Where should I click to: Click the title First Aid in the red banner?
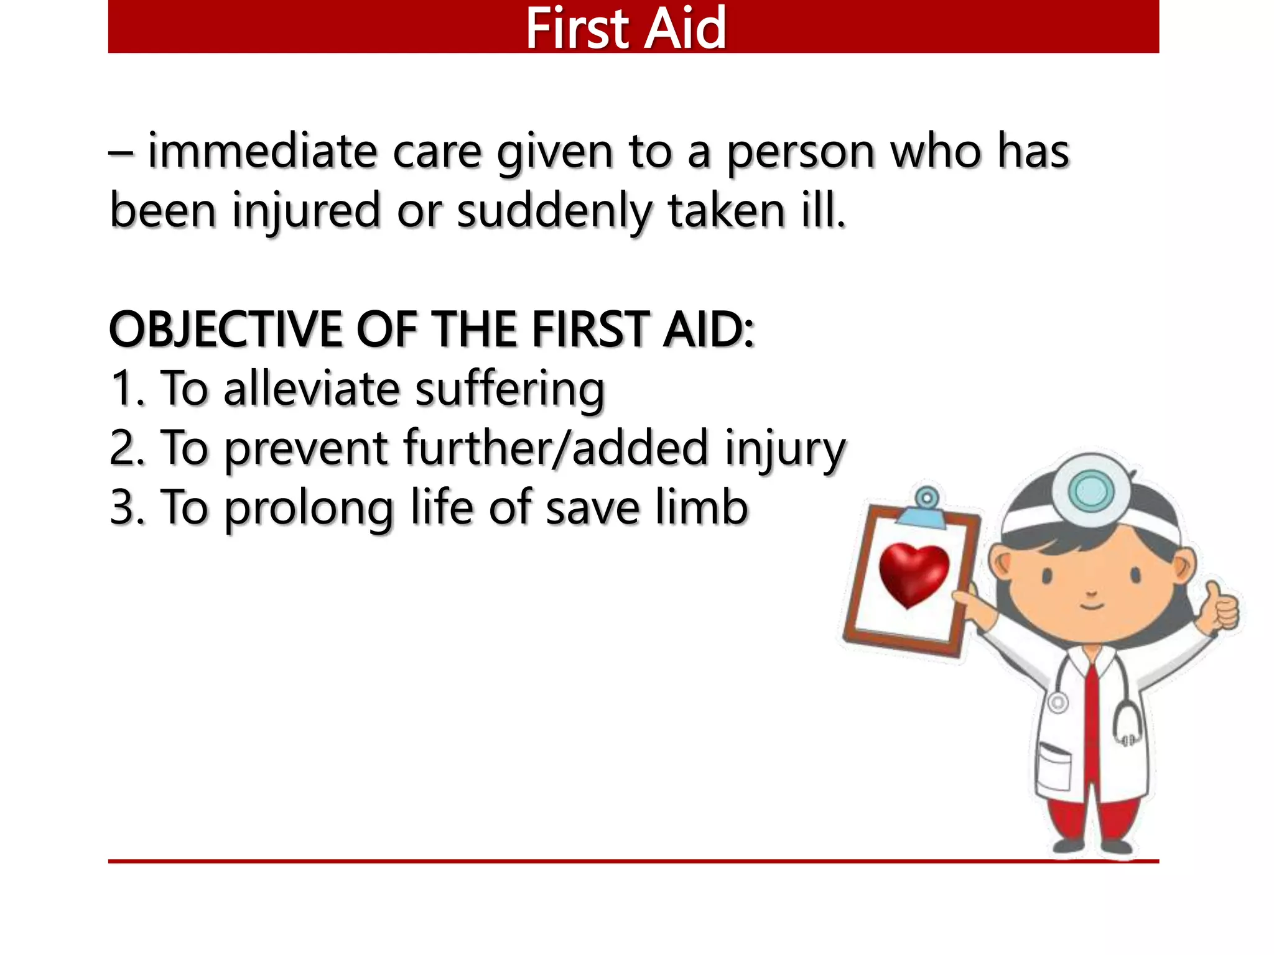[x=626, y=28]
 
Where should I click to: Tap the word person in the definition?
[x=802, y=152]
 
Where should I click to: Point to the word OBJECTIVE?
[x=225, y=330]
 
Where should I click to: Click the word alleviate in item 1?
[x=311, y=389]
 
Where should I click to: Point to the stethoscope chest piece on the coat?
[x=1058, y=703]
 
